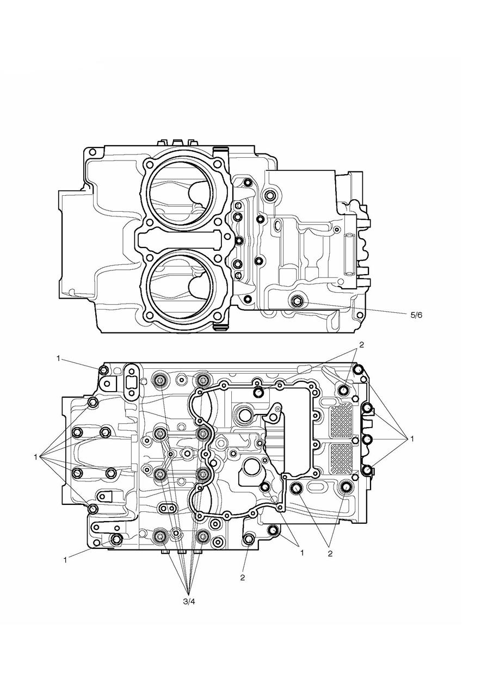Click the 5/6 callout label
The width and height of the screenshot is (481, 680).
[x=417, y=314]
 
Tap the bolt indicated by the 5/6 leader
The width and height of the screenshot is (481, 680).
[x=297, y=302]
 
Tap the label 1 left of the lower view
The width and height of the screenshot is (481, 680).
[x=35, y=457]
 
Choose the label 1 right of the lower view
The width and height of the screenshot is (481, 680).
[x=412, y=438]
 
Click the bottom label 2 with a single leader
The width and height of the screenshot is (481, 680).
[x=243, y=577]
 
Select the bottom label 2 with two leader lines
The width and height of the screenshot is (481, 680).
[x=329, y=554]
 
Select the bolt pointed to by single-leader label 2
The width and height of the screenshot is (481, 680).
[x=249, y=539]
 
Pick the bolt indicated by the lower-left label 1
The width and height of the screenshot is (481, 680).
[x=116, y=539]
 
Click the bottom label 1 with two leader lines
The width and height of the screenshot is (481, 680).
[x=301, y=552]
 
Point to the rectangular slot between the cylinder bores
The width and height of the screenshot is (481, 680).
[x=183, y=239]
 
